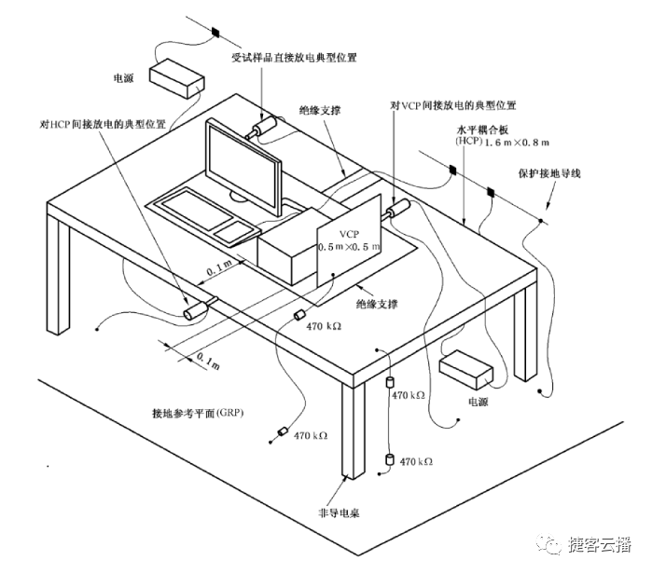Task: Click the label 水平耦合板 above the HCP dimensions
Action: pyautogui.click(x=485, y=130)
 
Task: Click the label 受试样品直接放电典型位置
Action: pyautogui.click(x=308, y=57)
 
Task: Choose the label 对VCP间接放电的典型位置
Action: pyautogui.click(x=457, y=106)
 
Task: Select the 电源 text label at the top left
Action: pyautogui.click(x=124, y=78)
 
